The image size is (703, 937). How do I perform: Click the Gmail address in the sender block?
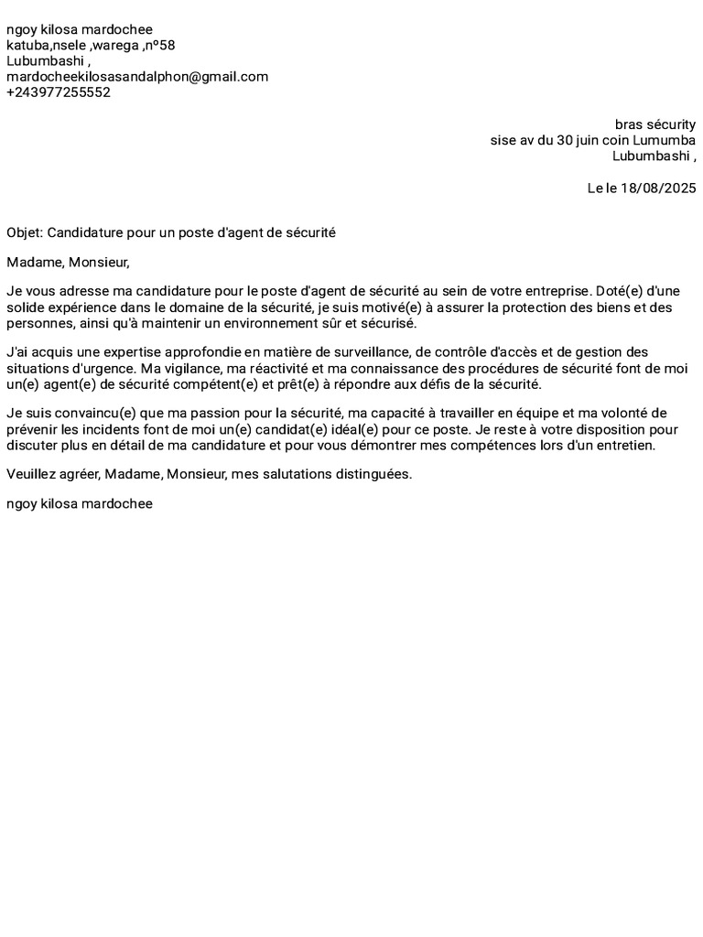(137, 77)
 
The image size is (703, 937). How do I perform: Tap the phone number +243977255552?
(59, 92)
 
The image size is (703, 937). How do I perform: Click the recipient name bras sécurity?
(654, 124)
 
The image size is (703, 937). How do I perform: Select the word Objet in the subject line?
(23, 232)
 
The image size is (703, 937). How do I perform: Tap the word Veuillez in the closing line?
(31, 474)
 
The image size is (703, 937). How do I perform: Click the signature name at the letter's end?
(80, 504)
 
